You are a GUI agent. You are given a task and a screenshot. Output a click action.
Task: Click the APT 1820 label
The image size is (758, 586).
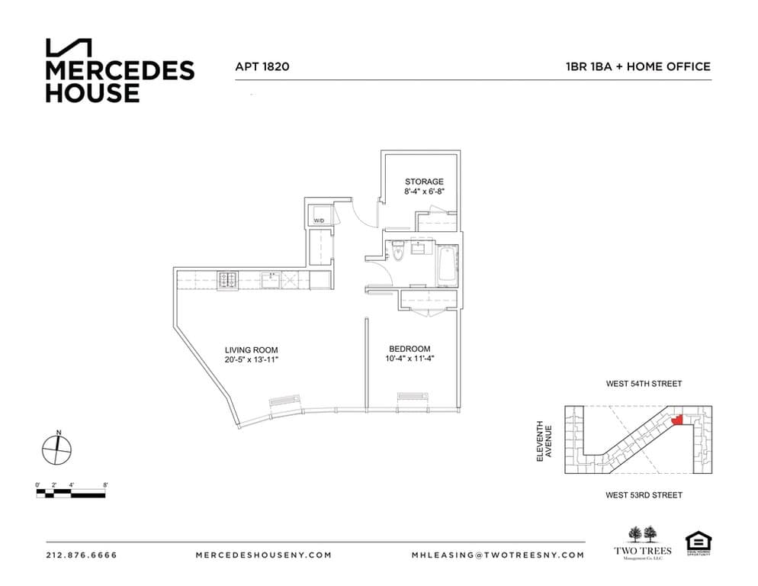[x=262, y=66]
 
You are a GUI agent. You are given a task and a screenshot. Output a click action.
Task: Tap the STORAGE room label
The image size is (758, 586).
[x=423, y=182]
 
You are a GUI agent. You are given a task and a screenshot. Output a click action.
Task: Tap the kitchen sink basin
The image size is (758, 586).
[x=271, y=281]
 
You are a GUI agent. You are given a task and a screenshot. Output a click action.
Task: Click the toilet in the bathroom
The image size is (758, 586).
[x=399, y=251]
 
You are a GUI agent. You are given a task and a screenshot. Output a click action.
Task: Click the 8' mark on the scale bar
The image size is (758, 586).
[x=105, y=485]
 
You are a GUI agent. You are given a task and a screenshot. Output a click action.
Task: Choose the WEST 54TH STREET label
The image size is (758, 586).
[x=644, y=384]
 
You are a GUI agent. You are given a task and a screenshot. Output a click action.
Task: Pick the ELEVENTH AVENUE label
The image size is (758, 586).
[x=544, y=440]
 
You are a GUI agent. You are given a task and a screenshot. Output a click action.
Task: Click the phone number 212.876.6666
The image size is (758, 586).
[x=82, y=555]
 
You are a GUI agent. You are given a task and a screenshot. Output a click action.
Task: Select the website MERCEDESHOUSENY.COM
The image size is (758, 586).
[x=263, y=555]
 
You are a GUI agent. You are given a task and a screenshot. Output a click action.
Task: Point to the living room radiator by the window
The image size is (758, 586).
[x=284, y=400]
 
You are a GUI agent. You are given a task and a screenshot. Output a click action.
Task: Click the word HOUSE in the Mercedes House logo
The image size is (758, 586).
[x=92, y=93]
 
